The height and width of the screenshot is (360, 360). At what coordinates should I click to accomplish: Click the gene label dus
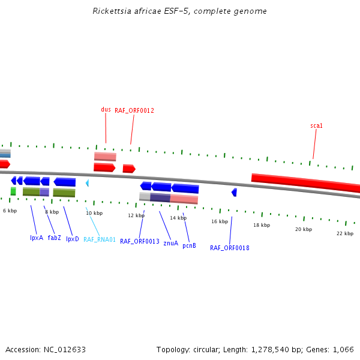tap(106, 109)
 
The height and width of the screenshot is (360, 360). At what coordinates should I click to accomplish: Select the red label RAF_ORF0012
tap(134, 110)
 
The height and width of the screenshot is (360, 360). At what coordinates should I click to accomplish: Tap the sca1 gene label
tap(316, 126)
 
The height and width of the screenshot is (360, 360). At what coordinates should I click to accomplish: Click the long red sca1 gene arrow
tap(306, 182)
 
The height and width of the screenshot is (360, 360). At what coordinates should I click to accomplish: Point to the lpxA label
tap(37, 238)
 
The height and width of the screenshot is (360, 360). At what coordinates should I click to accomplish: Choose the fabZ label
tap(54, 238)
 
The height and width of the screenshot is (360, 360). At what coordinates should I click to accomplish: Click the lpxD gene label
tap(72, 239)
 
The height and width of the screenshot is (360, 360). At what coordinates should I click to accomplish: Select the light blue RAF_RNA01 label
tap(100, 239)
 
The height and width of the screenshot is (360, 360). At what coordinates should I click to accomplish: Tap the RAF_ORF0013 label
tap(140, 241)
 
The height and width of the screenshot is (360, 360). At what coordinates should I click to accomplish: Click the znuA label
tap(170, 243)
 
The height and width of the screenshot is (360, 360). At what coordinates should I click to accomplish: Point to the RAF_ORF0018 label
tap(229, 248)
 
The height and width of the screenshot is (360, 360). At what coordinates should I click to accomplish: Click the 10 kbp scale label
tap(94, 213)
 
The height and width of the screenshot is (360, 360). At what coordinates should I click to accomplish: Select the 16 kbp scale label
tap(220, 221)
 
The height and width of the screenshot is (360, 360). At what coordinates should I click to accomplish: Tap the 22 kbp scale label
tap(345, 233)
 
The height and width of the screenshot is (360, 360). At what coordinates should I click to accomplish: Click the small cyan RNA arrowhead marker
tap(87, 183)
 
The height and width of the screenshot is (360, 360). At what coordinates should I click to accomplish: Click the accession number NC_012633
tap(64, 349)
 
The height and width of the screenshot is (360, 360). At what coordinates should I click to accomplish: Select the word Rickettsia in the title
tap(111, 11)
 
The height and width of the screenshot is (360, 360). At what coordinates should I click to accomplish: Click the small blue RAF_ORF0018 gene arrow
tap(234, 192)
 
